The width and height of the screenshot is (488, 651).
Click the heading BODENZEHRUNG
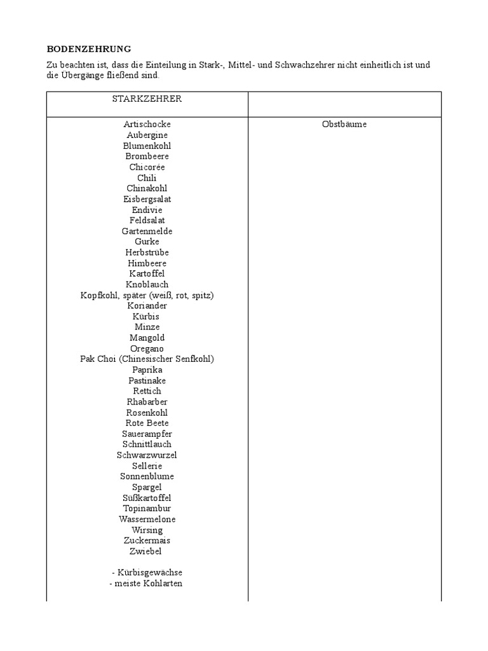coord(89,49)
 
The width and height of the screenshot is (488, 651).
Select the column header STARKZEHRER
coord(147,99)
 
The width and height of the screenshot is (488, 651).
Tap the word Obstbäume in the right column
coord(344,124)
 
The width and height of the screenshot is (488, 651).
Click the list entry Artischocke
coord(147,124)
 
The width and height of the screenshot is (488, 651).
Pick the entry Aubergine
coord(147,135)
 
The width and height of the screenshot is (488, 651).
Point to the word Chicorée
coord(147,167)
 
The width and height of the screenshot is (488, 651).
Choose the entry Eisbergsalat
coord(147,199)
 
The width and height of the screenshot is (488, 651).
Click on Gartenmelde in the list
coord(147,231)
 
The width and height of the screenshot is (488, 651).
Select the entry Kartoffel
coord(147,273)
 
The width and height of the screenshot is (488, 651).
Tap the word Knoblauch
coord(147,284)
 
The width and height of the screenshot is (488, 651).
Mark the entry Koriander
coord(147,306)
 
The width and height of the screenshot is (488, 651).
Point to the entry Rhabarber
coord(147,402)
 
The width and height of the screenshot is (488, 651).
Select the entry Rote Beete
coord(147,423)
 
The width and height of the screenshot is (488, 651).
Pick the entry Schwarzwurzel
coord(147,455)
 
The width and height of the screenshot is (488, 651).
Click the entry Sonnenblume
coord(147,476)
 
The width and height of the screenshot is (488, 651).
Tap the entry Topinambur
coord(147,509)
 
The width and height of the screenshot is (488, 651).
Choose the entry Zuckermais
coord(147,540)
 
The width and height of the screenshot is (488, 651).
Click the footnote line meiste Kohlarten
coord(147,583)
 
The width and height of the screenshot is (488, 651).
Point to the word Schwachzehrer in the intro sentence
coord(303,65)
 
